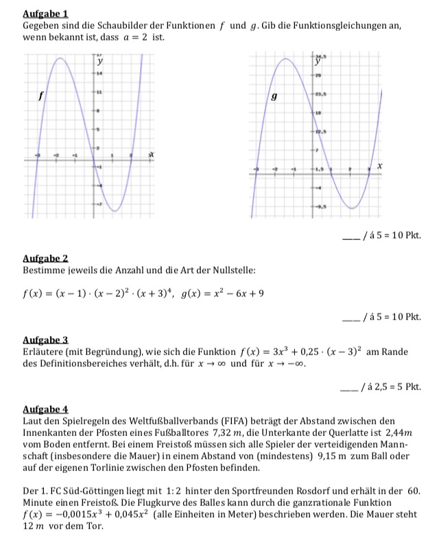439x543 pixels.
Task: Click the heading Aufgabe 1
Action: pyautogui.click(x=45, y=14)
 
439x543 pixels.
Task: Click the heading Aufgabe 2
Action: pyautogui.click(x=45, y=258)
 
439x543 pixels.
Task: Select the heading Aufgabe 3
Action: pyautogui.click(x=45, y=340)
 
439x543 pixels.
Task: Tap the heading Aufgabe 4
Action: pyautogui.click(x=45, y=408)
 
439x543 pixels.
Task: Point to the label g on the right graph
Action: pyautogui.click(x=274, y=97)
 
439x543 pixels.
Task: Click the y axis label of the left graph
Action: pyautogui.click(x=100, y=62)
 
